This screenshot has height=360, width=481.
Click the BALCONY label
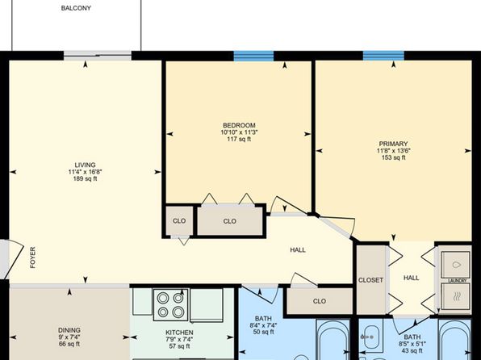(76, 8)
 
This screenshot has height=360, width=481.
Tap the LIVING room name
(85, 165)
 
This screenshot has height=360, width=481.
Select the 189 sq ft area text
(85, 178)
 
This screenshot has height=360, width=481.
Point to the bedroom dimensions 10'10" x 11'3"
(239, 132)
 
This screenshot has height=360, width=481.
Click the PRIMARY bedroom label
(393, 144)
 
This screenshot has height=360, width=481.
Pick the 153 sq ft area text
(393, 157)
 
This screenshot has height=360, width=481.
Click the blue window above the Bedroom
(253, 57)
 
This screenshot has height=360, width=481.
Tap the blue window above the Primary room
(383, 56)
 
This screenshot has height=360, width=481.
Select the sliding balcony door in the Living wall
(98, 56)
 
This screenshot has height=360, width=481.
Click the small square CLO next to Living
(179, 220)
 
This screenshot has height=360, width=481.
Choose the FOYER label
(32, 257)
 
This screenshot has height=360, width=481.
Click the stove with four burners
(170, 305)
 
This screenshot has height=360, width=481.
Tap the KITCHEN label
(179, 333)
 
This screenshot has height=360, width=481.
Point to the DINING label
(69, 330)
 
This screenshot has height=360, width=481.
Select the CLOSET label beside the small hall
(370, 280)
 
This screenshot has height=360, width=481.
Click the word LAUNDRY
(458, 281)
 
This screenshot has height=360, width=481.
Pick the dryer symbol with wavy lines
(455, 296)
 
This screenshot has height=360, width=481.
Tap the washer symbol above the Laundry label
(455, 265)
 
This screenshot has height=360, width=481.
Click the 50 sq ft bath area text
(264, 332)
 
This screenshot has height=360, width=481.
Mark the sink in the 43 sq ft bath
(371, 337)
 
